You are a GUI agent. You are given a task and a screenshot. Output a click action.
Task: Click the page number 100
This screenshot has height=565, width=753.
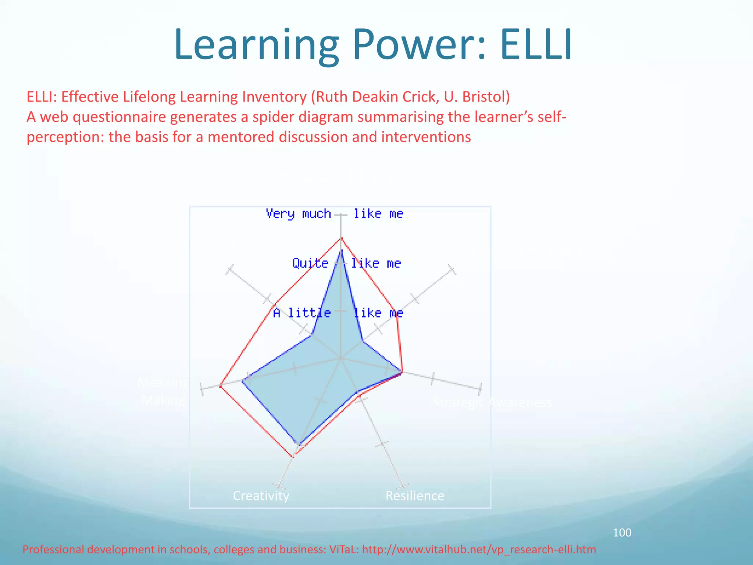622,532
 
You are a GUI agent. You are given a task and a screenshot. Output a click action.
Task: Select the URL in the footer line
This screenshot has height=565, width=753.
479,550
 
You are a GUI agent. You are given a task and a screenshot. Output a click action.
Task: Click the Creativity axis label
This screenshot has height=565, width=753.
261,496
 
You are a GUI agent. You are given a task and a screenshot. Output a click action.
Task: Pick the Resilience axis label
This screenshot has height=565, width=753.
415,496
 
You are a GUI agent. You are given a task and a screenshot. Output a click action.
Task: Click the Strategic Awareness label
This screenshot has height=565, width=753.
492,402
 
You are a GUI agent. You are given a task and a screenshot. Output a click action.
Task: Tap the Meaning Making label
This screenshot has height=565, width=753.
163,391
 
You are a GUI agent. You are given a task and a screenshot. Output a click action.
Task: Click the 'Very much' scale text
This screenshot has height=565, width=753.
298,214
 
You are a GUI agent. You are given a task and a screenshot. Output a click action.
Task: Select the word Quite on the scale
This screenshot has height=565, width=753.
310,263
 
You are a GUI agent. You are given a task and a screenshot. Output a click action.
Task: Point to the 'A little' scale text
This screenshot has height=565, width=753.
301,313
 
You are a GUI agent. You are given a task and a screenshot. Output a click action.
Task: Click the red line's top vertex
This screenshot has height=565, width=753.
341,238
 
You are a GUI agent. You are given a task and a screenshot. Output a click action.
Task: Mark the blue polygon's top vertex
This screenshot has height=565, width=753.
342,250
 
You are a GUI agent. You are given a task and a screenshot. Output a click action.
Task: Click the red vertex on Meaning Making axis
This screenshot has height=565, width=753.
220,386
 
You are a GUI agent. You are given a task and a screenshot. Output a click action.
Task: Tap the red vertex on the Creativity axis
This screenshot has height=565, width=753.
293,457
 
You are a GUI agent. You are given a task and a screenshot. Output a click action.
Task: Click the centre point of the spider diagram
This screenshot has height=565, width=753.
341,358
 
